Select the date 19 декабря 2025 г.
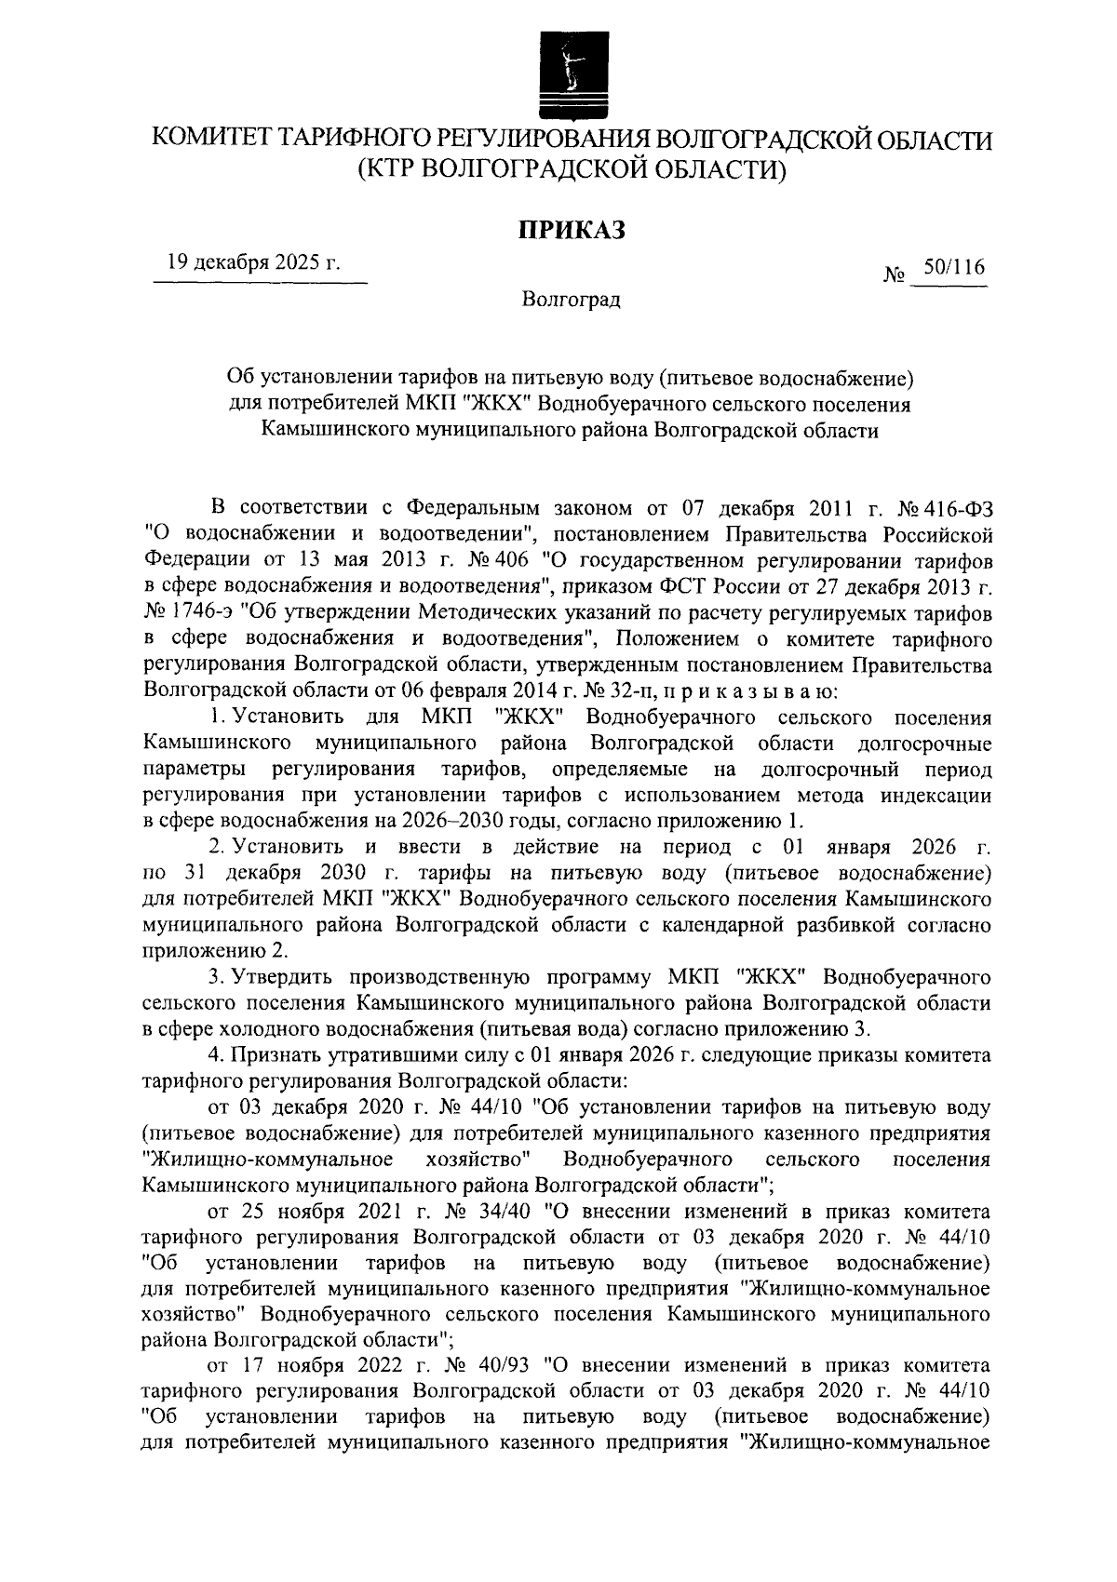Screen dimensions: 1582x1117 pyautogui.click(x=253, y=263)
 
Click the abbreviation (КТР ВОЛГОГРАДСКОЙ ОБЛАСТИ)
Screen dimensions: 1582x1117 pyautogui.click(x=571, y=170)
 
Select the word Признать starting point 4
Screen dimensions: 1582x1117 pyautogui.click(x=277, y=1055)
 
